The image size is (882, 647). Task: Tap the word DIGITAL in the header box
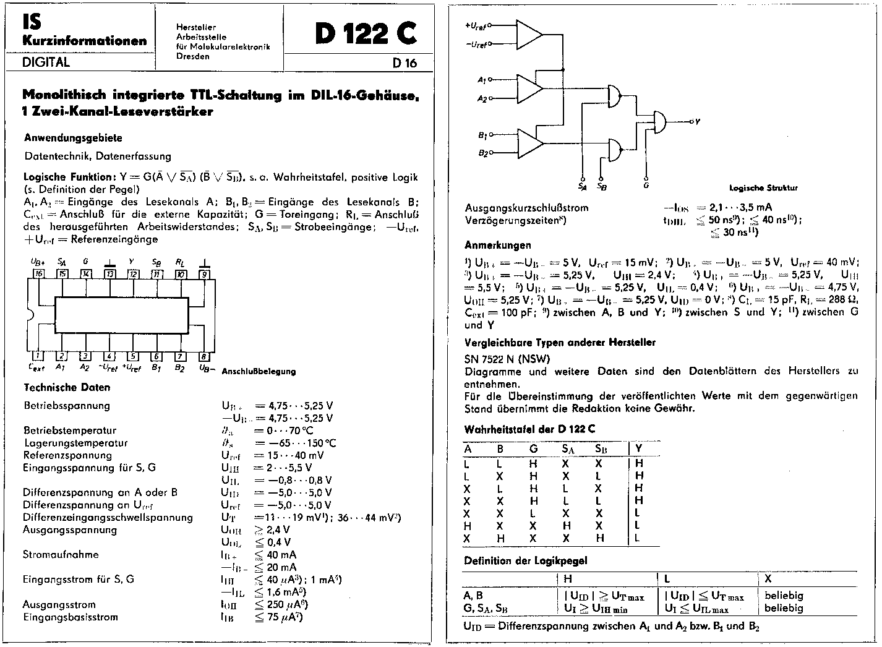pyautogui.click(x=46, y=62)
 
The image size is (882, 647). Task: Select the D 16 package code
pyautogui.click(x=405, y=62)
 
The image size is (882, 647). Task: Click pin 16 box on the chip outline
pyautogui.click(x=38, y=274)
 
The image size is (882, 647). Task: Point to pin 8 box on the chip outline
pyautogui.click(x=204, y=356)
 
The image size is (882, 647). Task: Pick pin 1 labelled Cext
pyautogui.click(x=38, y=356)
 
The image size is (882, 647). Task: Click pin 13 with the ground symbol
pyautogui.click(x=109, y=274)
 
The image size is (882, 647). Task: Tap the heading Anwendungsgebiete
pyautogui.click(x=73, y=138)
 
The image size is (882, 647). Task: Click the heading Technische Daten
pyautogui.click(x=67, y=387)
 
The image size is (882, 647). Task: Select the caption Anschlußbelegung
pyautogui.click(x=259, y=371)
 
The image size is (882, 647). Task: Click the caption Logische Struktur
pyautogui.click(x=763, y=187)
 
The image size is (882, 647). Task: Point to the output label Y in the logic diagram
pyautogui.click(x=698, y=122)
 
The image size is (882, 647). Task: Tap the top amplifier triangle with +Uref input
pyautogui.click(x=528, y=35)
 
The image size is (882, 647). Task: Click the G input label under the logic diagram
pyautogui.click(x=646, y=184)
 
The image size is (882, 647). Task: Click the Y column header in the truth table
pyautogui.click(x=639, y=448)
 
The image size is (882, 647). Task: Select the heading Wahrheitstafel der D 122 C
pyautogui.click(x=529, y=429)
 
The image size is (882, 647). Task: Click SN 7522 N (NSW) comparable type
pyautogui.click(x=507, y=359)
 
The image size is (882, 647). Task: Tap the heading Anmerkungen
pyautogui.click(x=498, y=245)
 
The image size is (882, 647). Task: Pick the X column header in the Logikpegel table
pyautogui.click(x=768, y=578)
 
